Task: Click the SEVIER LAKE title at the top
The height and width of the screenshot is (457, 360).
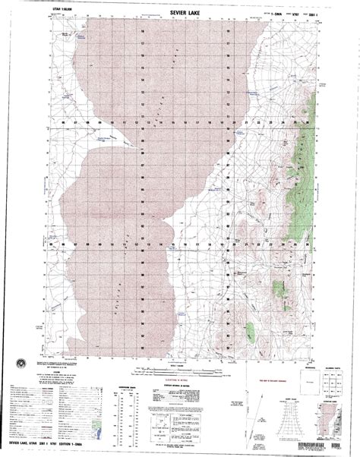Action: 180,11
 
